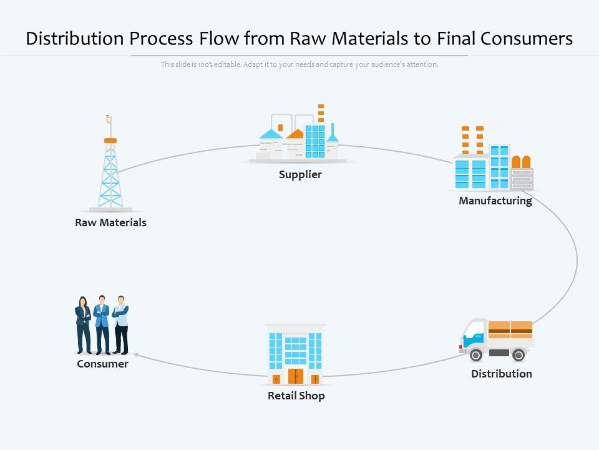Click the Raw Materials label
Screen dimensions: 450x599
coord(110,222)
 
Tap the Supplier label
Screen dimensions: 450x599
coord(300,174)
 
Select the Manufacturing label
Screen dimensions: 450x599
coord(495,201)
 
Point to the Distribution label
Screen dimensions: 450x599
coord(501,374)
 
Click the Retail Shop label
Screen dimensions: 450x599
coord(296,396)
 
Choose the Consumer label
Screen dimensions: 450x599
coord(102,364)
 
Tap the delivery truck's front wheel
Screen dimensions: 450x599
coord(476,355)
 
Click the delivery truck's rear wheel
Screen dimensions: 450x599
coord(518,355)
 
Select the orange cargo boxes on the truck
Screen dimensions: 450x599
coord(510,329)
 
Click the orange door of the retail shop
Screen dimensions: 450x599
coord(295,376)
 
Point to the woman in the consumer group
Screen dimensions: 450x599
coord(83,325)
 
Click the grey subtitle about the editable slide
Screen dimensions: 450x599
coord(299,64)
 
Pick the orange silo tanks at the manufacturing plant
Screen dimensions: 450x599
coord(521,162)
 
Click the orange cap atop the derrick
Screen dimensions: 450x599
coord(110,141)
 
